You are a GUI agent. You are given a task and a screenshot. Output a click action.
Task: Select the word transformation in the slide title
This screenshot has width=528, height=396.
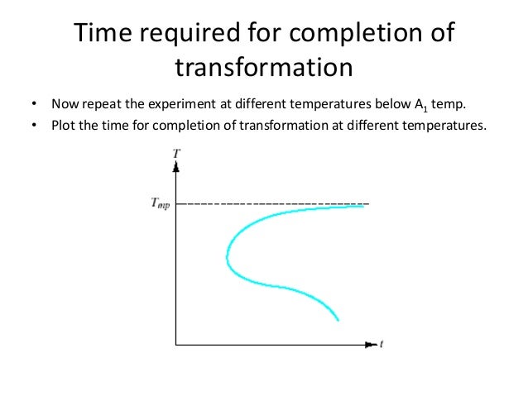[264, 67]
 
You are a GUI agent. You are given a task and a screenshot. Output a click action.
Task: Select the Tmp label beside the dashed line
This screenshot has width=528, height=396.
[161, 204]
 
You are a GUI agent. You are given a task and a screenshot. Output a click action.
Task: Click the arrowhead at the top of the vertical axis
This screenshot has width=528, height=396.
[176, 167]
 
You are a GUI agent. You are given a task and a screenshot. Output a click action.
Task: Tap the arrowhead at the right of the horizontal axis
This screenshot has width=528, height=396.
[370, 342]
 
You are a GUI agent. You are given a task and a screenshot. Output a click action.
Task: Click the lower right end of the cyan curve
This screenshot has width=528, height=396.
[338, 320]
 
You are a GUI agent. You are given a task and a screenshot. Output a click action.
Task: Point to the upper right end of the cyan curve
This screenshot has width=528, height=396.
[363, 206]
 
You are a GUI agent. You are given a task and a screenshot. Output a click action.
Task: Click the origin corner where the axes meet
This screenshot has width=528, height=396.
[176, 342]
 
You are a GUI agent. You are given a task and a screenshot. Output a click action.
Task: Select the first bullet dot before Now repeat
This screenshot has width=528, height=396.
[33, 106]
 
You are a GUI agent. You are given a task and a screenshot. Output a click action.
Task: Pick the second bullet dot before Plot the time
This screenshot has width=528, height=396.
[33, 126]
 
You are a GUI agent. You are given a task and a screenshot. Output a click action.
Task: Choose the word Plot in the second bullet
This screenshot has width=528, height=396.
[63, 126]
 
